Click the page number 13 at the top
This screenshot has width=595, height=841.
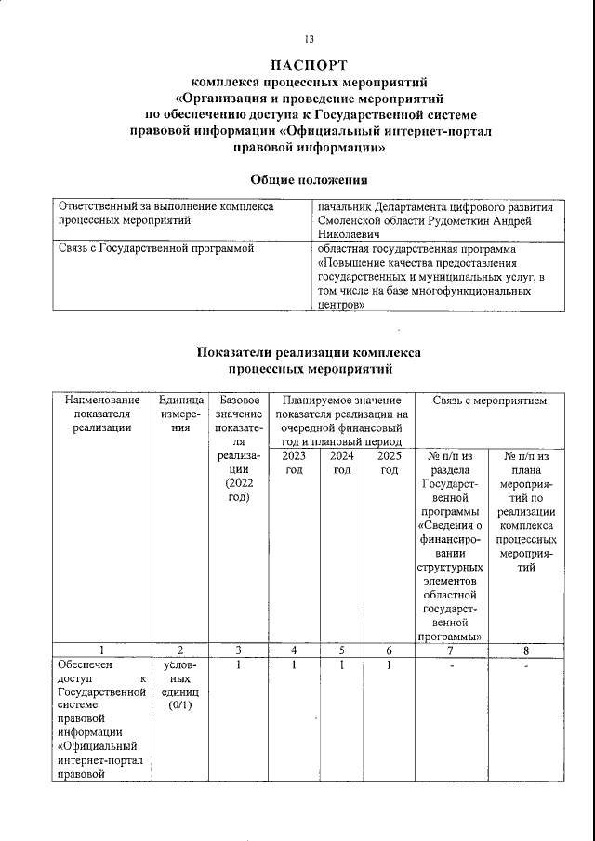point(309,39)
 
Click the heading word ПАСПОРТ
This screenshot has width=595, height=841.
point(309,65)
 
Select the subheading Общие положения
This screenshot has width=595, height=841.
point(309,178)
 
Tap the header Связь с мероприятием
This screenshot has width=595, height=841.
point(489,401)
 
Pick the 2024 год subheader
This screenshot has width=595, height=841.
point(342,463)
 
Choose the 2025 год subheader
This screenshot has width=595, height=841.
point(390,463)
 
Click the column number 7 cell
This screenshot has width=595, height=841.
point(451,650)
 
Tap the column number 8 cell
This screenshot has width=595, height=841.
point(526,650)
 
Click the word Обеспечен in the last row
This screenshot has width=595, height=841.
point(84,665)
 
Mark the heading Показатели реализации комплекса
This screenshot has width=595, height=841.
point(309,352)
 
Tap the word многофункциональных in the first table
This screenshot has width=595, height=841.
point(471,291)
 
